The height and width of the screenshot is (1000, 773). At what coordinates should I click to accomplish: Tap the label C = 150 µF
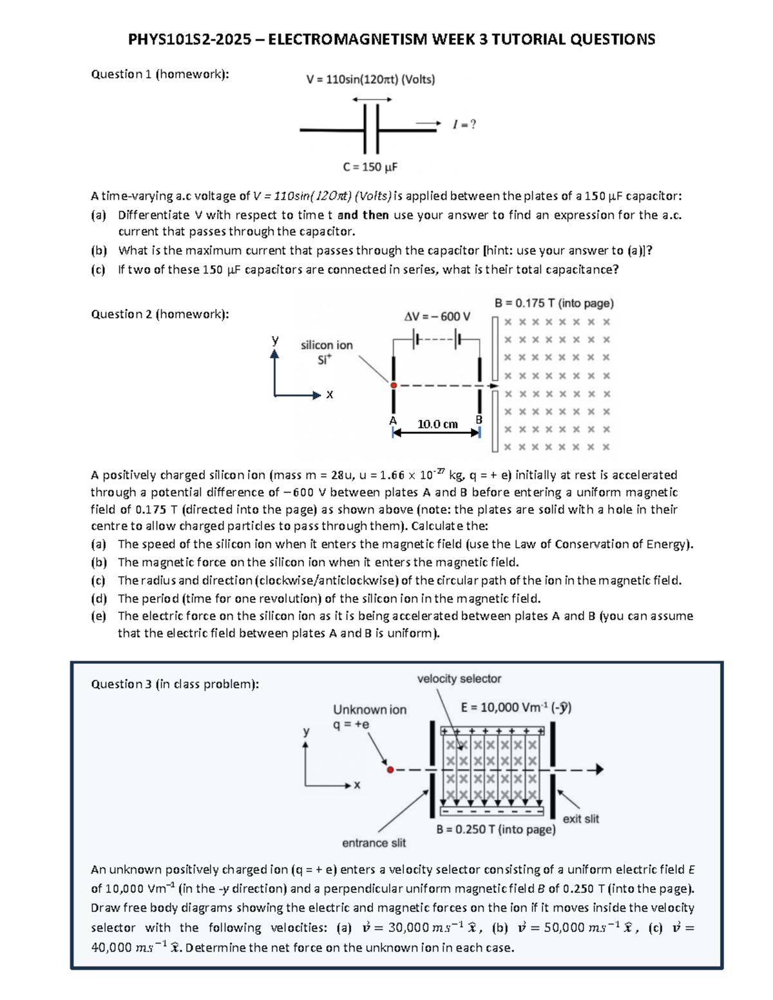pyautogui.click(x=370, y=167)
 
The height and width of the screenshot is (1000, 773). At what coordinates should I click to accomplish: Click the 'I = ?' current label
pyautogui.click(x=464, y=124)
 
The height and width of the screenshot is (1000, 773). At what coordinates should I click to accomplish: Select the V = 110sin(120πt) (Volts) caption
pyautogui.click(x=370, y=80)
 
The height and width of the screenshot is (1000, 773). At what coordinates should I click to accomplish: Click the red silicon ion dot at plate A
pyautogui.click(x=393, y=385)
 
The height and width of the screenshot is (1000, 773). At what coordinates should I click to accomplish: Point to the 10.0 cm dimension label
pyautogui.click(x=437, y=424)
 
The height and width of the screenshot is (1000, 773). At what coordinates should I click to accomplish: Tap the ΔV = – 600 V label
pyautogui.click(x=437, y=316)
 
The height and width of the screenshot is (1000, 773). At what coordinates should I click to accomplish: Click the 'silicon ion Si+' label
pyautogui.click(x=327, y=352)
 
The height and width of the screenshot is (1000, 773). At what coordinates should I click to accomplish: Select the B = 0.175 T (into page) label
pyautogui.click(x=554, y=303)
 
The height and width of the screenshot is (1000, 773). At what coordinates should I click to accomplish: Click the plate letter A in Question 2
pyautogui.click(x=392, y=420)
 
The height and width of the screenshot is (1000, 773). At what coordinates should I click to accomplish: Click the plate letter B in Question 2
pyautogui.click(x=479, y=419)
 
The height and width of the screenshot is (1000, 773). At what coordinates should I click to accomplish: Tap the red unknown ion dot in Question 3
pyautogui.click(x=390, y=769)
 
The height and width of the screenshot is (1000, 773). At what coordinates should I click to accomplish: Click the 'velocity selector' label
pyautogui.click(x=459, y=679)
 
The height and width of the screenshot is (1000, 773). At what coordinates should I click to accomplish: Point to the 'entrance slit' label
pyautogui.click(x=374, y=843)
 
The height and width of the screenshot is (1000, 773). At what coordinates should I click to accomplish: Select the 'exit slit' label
pyautogui.click(x=580, y=818)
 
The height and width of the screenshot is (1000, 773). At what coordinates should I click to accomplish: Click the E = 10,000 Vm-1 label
pyautogui.click(x=516, y=708)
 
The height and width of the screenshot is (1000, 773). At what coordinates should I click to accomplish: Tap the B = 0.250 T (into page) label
pyautogui.click(x=495, y=829)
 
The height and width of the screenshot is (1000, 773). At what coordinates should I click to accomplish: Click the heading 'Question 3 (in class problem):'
pyautogui.click(x=175, y=684)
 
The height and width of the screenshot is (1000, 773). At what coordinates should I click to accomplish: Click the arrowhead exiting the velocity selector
pyautogui.click(x=599, y=769)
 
